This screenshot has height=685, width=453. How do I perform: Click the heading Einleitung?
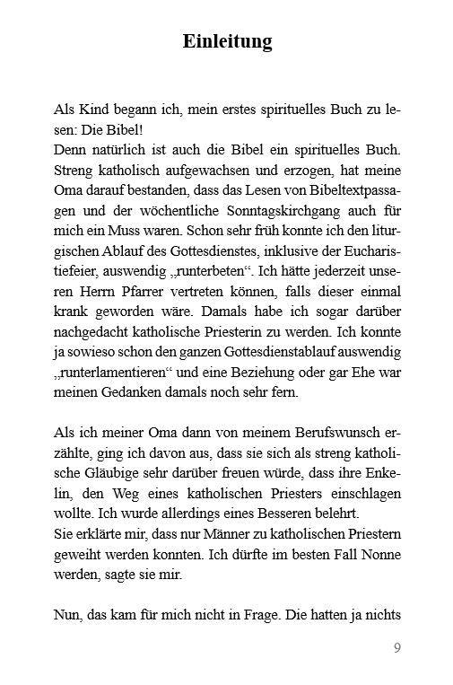(x=227, y=41)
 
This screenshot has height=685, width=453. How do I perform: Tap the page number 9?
(x=396, y=648)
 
